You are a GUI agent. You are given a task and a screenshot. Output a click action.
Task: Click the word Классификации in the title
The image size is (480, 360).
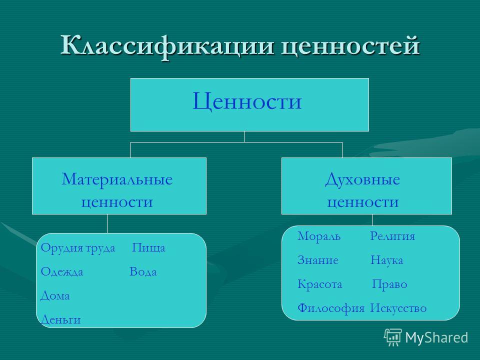(x=167, y=46)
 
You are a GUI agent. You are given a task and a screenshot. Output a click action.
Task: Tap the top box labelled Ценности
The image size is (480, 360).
(x=249, y=104)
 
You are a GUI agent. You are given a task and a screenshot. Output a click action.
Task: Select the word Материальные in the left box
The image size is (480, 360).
(x=117, y=179)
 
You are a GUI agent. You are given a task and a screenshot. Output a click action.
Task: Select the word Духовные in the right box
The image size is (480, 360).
(x=362, y=180)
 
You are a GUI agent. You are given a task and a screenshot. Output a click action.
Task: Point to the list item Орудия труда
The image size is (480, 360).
(x=78, y=248)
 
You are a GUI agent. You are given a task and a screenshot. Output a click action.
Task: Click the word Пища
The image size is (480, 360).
(x=149, y=248)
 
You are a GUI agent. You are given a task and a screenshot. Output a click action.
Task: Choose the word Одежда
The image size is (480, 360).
(x=62, y=272)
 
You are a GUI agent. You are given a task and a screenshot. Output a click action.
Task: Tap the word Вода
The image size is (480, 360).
(x=143, y=271)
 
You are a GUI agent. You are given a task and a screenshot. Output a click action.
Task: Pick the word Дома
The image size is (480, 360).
(x=55, y=296)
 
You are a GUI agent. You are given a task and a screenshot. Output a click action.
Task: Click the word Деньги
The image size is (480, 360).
(x=60, y=319)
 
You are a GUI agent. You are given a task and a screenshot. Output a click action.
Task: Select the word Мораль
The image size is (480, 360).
(x=319, y=236)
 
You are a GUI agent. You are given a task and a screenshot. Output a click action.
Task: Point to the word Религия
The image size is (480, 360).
(x=392, y=236)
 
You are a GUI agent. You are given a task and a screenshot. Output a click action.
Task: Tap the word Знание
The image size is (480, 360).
(x=318, y=260)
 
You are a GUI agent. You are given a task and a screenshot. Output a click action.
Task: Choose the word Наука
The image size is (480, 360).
(x=386, y=260)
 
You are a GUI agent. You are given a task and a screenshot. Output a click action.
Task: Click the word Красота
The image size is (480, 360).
(x=319, y=284)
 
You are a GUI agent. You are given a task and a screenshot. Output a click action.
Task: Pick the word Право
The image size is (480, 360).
(x=389, y=284)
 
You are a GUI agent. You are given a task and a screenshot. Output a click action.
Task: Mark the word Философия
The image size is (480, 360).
(x=331, y=308)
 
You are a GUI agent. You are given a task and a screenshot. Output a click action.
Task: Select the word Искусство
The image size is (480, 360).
(x=398, y=308)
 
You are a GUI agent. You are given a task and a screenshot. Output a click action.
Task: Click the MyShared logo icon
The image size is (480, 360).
(x=393, y=337)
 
